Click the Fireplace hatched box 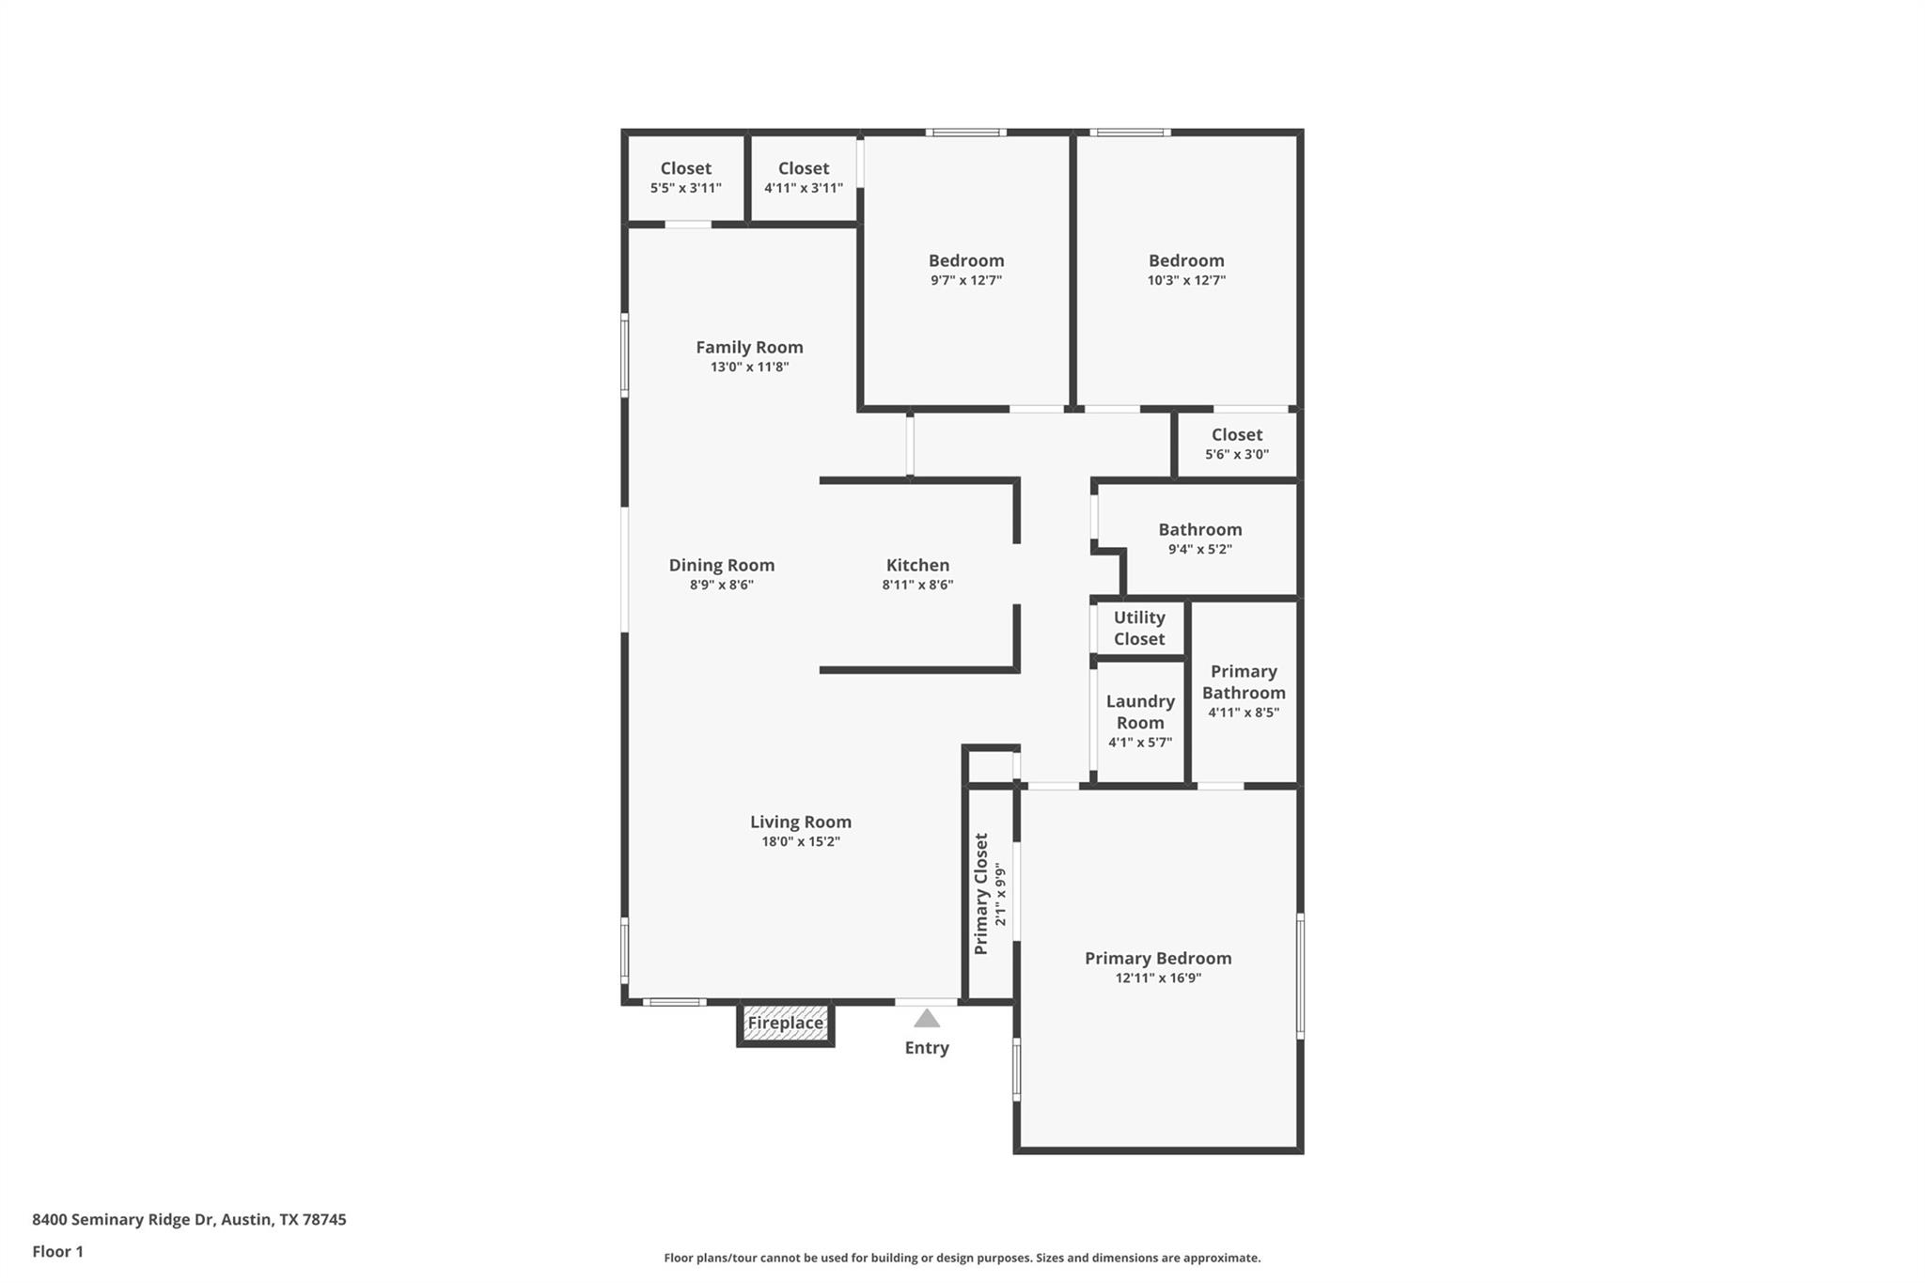tap(785, 1024)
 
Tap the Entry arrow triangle tap(927, 1019)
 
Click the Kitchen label tap(917, 565)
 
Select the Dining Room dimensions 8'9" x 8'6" tap(721, 585)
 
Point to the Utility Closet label tap(1139, 628)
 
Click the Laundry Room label tap(1139, 712)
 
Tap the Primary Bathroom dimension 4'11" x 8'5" tap(1243, 712)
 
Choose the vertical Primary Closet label tap(981, 894)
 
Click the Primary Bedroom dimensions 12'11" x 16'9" tap(1158, 978)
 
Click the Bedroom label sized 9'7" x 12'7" tap(965, 260)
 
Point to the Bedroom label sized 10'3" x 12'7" tap(1185, 260)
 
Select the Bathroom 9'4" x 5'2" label tap(1199, 529)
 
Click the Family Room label tap(749, 347)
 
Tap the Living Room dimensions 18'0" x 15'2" tap(800, 842)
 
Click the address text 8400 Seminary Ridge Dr tap(189, 1220)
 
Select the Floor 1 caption tap(57, 1252)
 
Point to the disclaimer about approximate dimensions tap(962, 1258)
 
